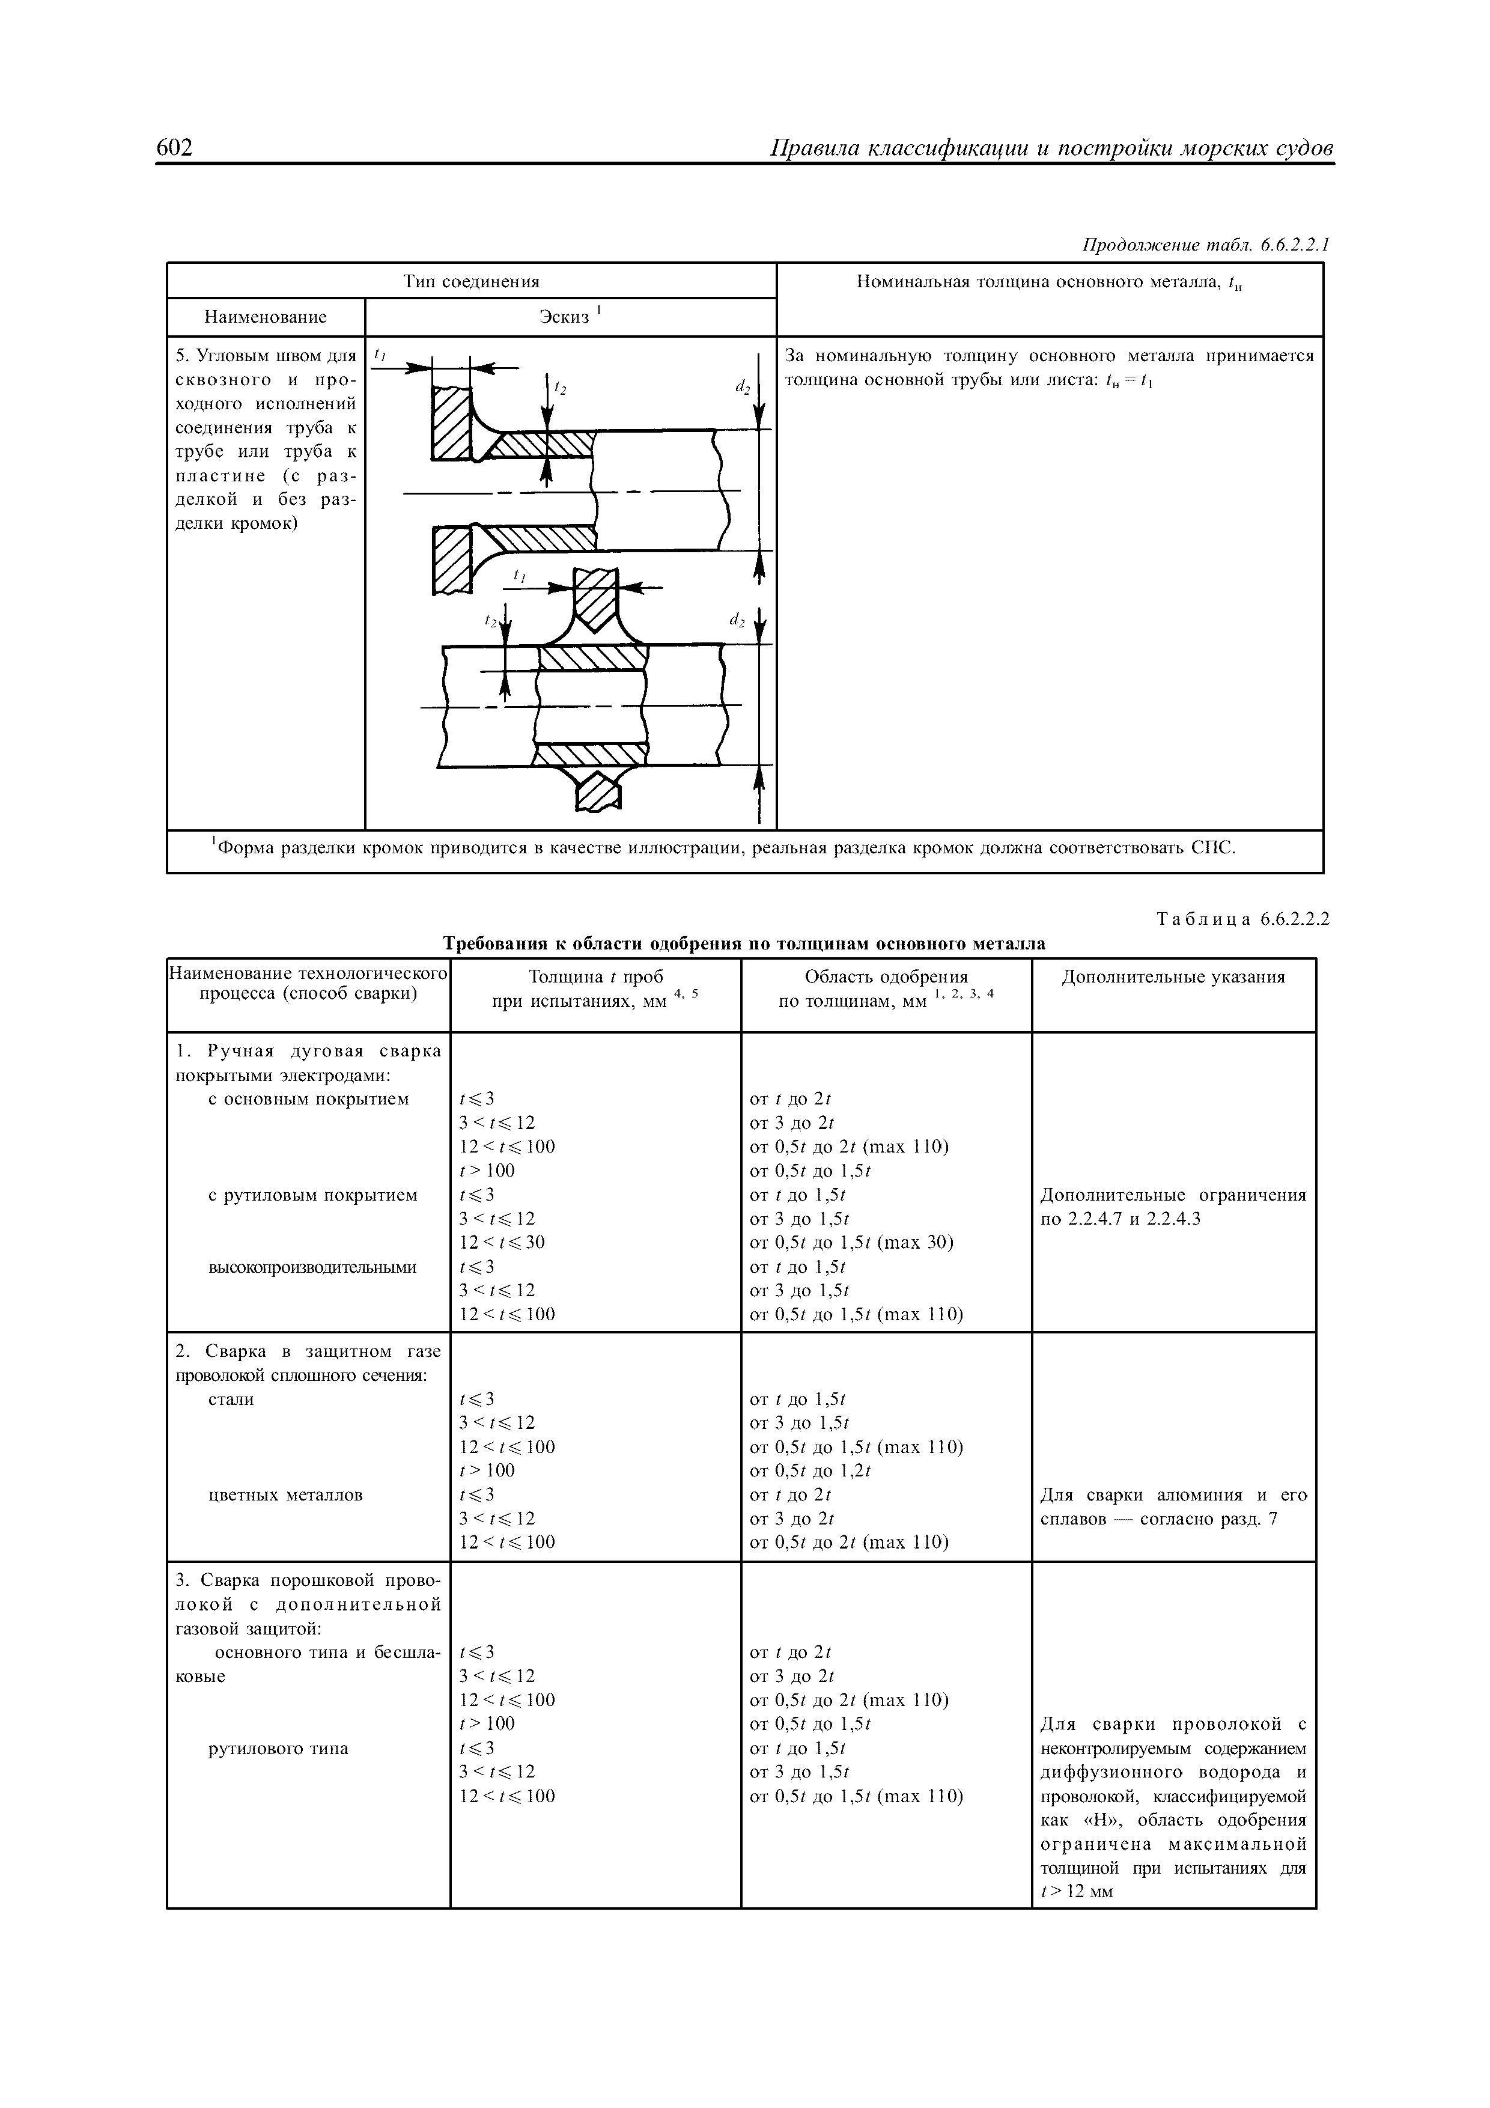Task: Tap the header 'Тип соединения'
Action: click(472, 281)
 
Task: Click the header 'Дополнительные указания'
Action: click(1173, 977)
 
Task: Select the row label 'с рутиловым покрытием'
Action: click(313, 1195)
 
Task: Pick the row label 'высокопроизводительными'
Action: click(312, 1267)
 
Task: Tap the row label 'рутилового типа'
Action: click(279, 1748)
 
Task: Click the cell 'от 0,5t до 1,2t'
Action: click(810, 1471)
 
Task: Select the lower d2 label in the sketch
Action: click(736, 621)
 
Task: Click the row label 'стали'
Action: click(231, 1399)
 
